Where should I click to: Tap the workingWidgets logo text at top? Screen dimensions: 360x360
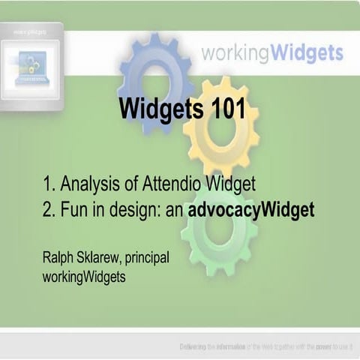[271, 53]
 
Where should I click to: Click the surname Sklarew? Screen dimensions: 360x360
[100, 258]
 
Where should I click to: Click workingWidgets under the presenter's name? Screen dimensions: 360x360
[85, 277]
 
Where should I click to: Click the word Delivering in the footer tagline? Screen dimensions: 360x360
[193, 346]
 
